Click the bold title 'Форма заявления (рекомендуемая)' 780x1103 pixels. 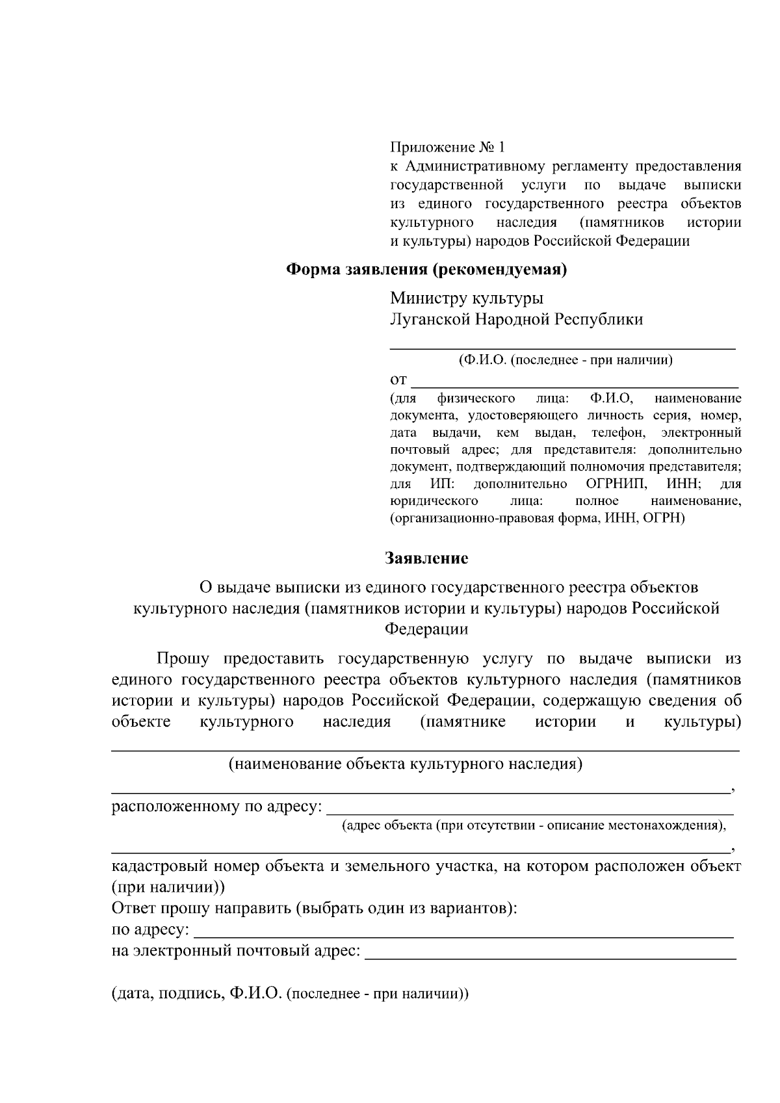(427, 270)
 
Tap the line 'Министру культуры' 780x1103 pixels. (466, 298)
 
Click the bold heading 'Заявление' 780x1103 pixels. (426, 558)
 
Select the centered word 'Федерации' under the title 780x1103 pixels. (426, 629)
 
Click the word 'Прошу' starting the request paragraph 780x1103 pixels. (183, 659)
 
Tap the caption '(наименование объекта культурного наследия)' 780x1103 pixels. (405, 764)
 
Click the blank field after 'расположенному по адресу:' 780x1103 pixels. (529, 809)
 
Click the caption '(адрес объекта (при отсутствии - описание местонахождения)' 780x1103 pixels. (534, 825)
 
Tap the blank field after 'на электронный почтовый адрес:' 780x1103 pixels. (551, 954)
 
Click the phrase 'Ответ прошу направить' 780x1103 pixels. (201, 908)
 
